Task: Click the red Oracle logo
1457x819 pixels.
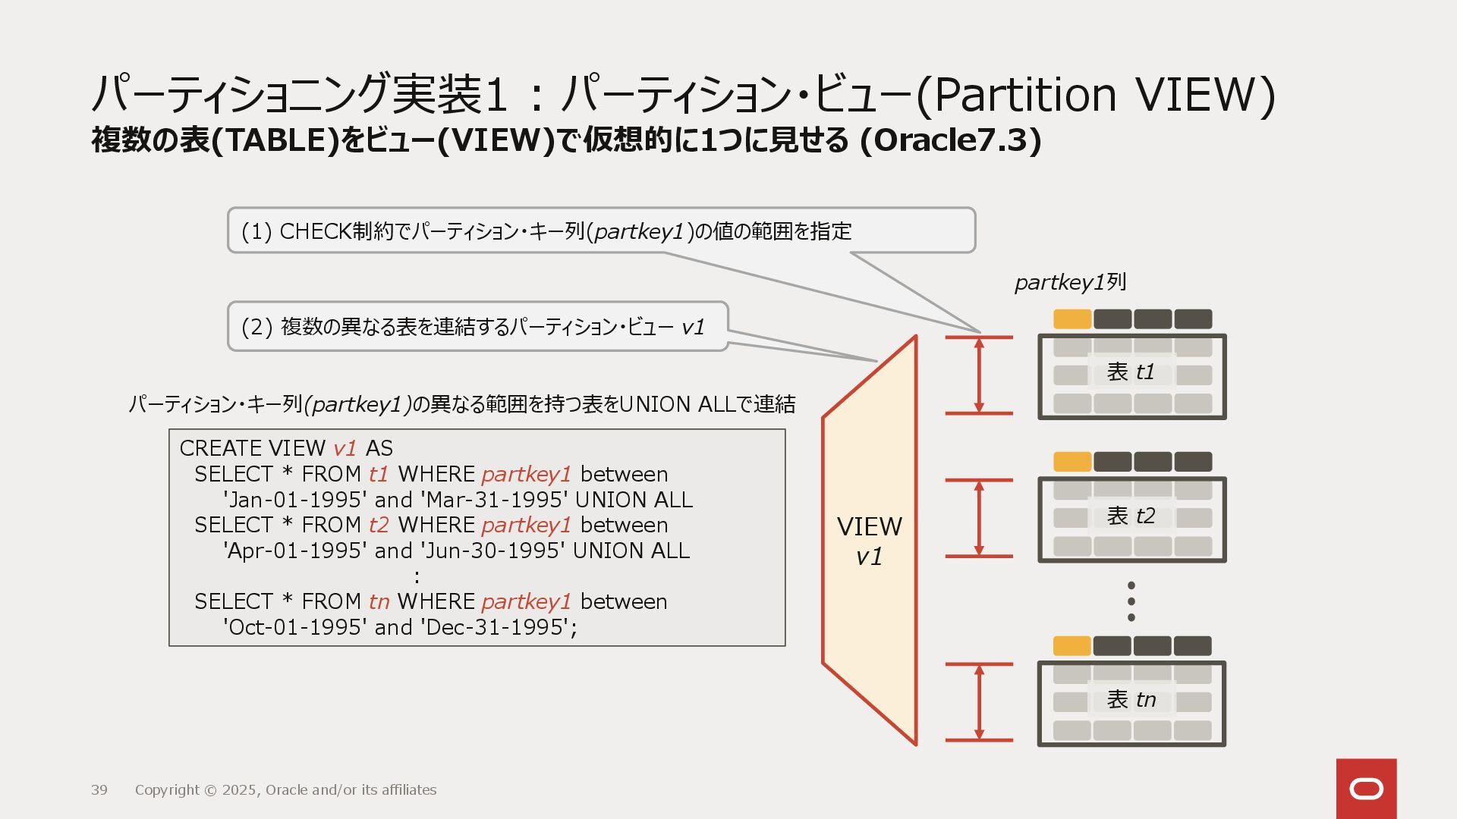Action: (1366, 789)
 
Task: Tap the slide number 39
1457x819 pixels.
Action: (99, 790)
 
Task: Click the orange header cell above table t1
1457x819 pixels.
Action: (1072, 319)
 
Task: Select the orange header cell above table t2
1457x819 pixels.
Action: (1072, 462)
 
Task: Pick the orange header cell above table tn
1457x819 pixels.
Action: (1072, 646)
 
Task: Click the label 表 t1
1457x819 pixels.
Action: (1131, 372)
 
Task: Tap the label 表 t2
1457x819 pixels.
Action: (1131, 516)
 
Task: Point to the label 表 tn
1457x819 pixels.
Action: (1131, 700)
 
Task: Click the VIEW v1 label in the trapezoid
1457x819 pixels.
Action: (870, 541)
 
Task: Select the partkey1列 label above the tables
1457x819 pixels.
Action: (1070, 283)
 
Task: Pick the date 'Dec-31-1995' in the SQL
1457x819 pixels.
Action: (494, 628)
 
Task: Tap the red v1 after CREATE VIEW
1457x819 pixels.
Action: (345, 449)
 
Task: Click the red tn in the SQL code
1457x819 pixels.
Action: (379, 602)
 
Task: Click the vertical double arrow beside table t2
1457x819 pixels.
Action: (979, 518)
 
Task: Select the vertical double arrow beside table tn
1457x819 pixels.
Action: (979, 701)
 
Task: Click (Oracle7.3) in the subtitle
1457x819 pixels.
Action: (950, 140)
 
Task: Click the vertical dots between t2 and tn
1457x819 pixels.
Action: (1131, 601)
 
